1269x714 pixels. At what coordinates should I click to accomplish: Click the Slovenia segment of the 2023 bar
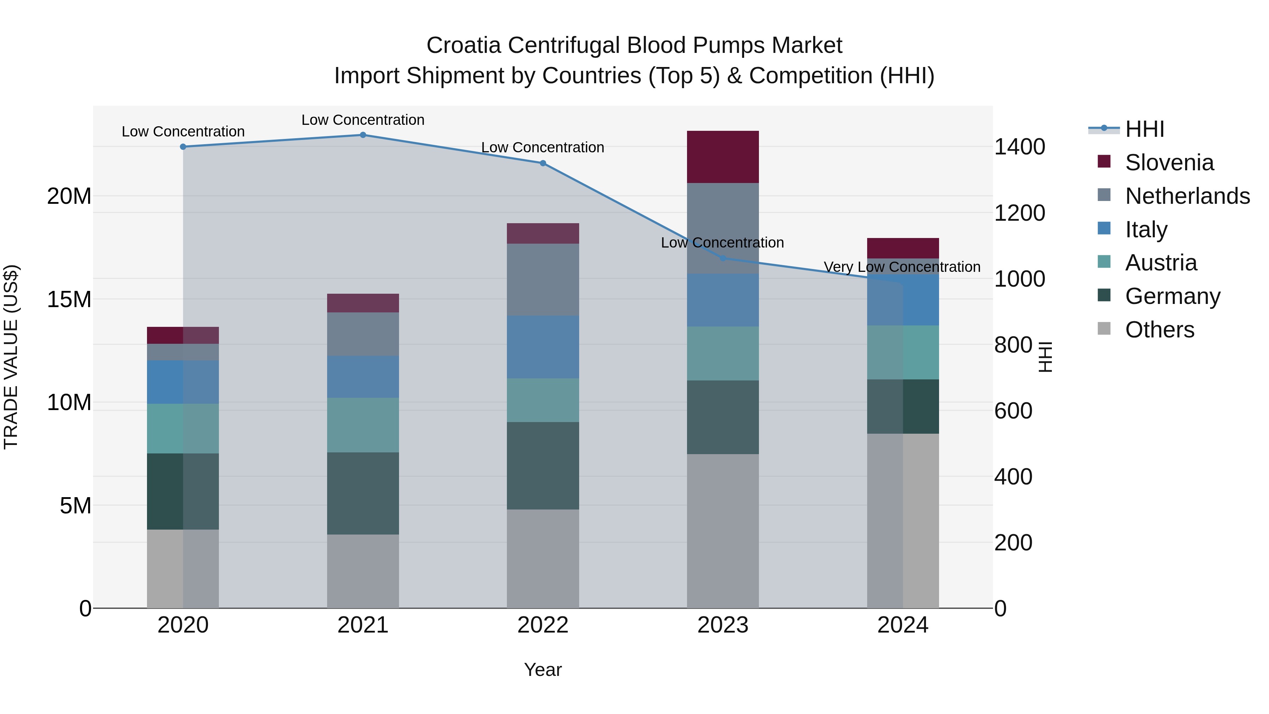(x=723, y=157)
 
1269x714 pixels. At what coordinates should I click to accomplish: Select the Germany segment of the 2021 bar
(x=363, y=493)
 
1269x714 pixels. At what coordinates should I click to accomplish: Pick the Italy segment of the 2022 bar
(x=543, y=347)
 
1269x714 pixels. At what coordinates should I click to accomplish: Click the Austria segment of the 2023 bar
(x=723, y=353)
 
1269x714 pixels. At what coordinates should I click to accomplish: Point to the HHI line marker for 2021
(x=363, y=135)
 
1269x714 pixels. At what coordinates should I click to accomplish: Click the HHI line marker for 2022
(x=543, y=163)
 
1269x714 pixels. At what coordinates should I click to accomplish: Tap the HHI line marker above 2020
(x=183, y=147)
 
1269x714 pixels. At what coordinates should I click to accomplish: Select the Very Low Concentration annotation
(x=902, y=267)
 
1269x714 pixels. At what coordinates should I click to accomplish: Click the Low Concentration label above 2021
(x=363, y=120)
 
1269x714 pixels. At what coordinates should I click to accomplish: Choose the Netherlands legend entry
(x=1187, y=196)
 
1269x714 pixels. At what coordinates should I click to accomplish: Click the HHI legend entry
(x=1144, y=129)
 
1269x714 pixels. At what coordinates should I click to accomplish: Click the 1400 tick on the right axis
(x=1019, y=147)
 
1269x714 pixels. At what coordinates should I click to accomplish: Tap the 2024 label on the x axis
(x=902, y=625)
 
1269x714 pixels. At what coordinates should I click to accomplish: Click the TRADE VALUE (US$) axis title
(x=11, y=357)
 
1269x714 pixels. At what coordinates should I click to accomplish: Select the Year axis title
(x=543, y=670)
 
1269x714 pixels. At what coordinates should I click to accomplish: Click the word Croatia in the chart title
(x=464, y=45)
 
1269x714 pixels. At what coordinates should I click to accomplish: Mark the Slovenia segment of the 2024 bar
(x=902, y=248)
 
